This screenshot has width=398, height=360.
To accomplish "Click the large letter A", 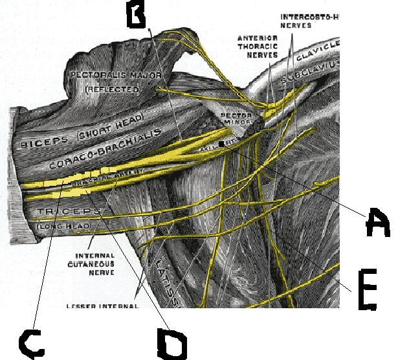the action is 376,224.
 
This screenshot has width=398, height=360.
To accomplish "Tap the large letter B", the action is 137,15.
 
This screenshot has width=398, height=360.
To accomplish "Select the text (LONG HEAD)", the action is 62,226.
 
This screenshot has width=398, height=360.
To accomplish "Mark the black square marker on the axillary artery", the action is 223,144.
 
